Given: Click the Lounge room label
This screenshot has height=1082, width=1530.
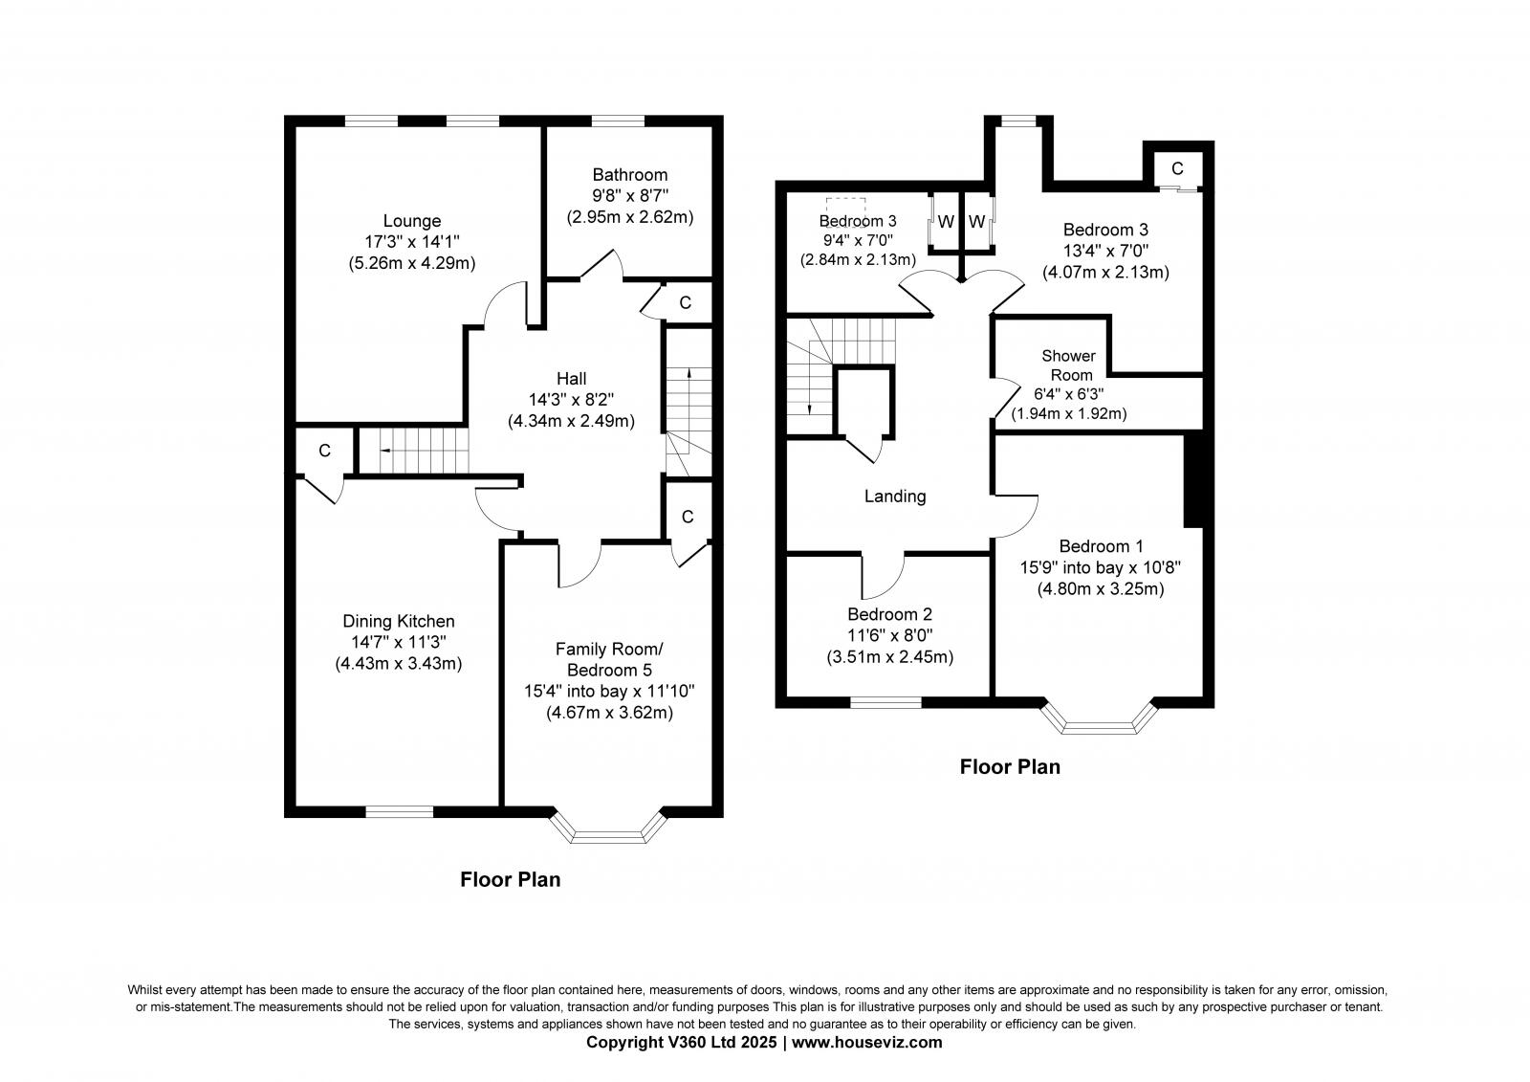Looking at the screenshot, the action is [x=412, y=221].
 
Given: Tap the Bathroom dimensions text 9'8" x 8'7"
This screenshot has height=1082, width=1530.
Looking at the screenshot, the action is [x=629, y=196].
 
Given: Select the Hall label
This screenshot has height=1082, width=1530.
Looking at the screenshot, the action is [x=571, y=379].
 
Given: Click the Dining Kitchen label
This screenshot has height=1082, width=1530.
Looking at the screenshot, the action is [x=399, y=621].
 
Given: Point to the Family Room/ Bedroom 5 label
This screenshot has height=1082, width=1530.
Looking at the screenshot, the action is [x=609, y=659].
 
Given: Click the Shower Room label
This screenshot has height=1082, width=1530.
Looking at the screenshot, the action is [x=1068, y=365].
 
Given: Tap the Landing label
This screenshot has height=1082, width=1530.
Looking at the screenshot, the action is [x=895, y=496].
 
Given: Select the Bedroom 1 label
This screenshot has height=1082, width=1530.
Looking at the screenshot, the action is [x=1101, y=546].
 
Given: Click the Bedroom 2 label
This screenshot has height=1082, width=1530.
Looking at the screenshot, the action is [x=889, y=614].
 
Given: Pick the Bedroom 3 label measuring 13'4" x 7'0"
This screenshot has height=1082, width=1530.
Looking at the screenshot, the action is [x=1105, y=230].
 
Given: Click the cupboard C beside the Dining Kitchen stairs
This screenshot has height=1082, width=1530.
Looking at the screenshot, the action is [x=324, y=451].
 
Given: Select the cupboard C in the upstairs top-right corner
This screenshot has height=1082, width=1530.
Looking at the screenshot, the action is [x=1177, y=168].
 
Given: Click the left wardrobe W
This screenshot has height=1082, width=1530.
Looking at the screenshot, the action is [x=946, y=222].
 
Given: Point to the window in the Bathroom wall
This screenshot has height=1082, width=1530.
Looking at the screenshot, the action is [x=617, y=121].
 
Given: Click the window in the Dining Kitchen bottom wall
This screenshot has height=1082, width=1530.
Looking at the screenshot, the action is [x=399, y=811].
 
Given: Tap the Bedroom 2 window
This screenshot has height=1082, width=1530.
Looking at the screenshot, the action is [x=886, y=702].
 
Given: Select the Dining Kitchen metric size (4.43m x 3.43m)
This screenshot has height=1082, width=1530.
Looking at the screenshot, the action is [x=399, y=663].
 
